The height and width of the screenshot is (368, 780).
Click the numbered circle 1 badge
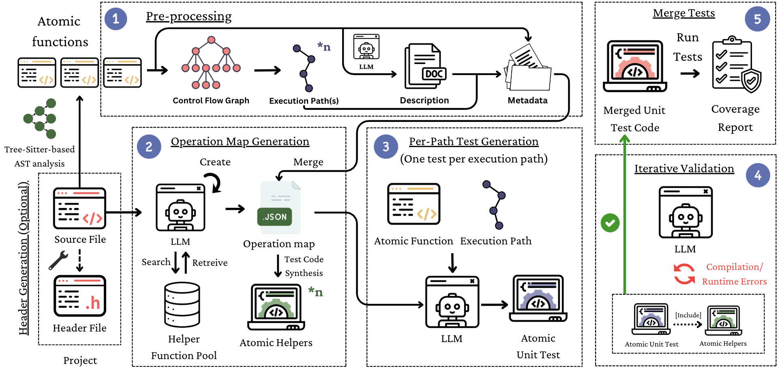tap(116, 19)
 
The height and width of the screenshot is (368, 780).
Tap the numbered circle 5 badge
tap(757, 19)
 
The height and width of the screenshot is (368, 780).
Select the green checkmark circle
tap(610, 223)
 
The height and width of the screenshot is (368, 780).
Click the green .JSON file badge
tap(274, 217)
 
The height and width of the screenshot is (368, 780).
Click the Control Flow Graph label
tap(211, 101)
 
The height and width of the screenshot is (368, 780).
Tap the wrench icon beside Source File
tap(58, 260)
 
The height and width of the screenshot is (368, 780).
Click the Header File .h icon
tap(80, 296)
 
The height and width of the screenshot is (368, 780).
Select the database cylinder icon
tap(182, 304)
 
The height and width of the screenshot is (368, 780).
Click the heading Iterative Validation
tap(684, 169)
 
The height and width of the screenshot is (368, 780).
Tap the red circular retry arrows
tap(684, 274)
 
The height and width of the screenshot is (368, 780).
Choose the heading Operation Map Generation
tap(240, 141)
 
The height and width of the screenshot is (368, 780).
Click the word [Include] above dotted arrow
tap(688, 315)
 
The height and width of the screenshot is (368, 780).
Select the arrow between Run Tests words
tap(690, 73)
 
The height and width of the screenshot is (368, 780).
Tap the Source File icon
tap(80, 208)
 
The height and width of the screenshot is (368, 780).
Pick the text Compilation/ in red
tap(734, 267)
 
